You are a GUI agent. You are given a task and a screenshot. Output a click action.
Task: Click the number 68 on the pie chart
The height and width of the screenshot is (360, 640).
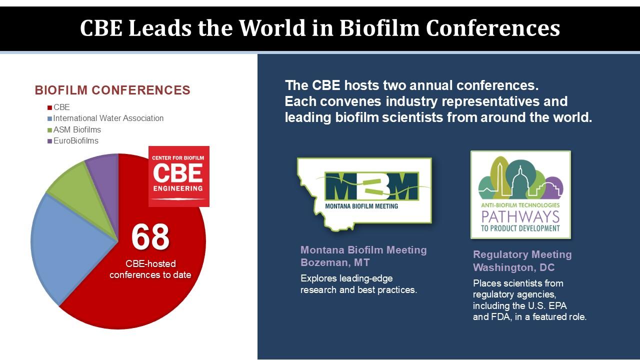(x=150, y=236)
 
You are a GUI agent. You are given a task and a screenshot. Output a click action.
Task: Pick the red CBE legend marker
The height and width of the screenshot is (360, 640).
(x=49, y=107)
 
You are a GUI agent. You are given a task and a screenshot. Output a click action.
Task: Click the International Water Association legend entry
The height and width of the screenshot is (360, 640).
(x=105, y=118)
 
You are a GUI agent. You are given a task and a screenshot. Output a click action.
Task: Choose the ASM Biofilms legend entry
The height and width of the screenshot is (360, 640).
(x=74, y=129)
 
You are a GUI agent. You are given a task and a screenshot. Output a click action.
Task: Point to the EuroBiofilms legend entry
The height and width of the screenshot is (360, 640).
(x=73, y=141)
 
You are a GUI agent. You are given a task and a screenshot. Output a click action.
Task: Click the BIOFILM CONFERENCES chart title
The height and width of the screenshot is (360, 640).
(x=112, y=90)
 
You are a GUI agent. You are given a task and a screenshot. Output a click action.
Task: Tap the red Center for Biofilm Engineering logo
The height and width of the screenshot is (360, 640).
(x=179, y=176)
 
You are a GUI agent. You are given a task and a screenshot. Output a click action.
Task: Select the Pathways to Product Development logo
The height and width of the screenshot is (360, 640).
(x=520, y=194)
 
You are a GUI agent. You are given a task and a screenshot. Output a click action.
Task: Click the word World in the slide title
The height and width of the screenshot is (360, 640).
(x=272, y=28)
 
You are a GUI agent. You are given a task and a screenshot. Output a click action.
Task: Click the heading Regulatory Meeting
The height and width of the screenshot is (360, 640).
(x=522, y=254)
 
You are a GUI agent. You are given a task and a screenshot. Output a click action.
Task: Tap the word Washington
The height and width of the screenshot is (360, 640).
(x=503, y=267)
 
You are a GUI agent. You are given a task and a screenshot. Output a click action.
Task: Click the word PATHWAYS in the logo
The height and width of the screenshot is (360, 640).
(x=520, y=217)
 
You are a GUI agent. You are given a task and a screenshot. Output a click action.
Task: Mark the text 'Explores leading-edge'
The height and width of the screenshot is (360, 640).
(x=346, y=278)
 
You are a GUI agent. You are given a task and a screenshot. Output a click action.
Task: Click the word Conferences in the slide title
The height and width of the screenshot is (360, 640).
(x=493, y=28)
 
